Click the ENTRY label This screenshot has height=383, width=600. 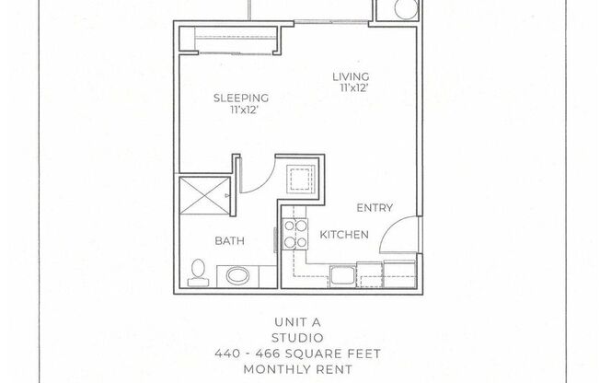[374, 208]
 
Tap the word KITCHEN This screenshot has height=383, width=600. [344, 235]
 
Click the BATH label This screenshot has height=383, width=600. [229, 242]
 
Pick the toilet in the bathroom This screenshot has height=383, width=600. [196, 271]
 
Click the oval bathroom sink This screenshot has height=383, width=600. [237, 275]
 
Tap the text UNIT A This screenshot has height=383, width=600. [299, 323]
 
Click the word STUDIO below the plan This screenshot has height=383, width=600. [299, 337]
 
